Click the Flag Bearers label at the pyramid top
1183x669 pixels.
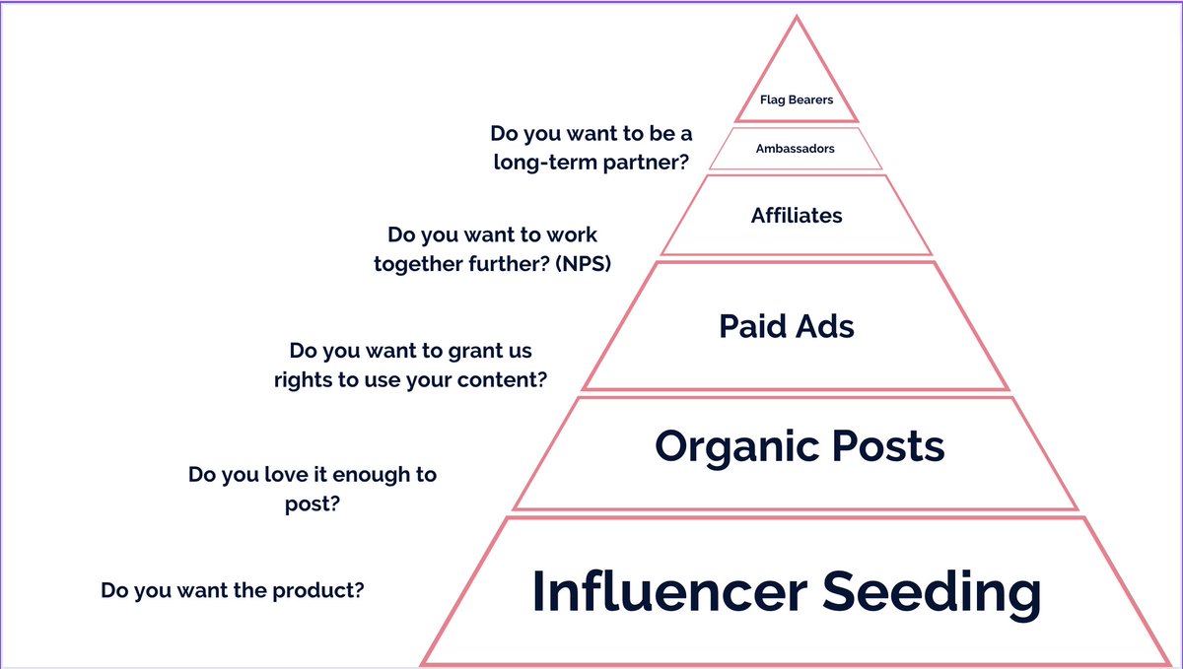pos(797,100)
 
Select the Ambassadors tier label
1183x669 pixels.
pos(795,149)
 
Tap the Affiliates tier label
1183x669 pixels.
pos(797,215)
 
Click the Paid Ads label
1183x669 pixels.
pos(787,326)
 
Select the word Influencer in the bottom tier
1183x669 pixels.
pos(667,592)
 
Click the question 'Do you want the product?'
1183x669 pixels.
pos(233,591)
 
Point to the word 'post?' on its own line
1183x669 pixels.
pos(313,503)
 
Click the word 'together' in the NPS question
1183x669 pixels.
pos(418,264)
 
